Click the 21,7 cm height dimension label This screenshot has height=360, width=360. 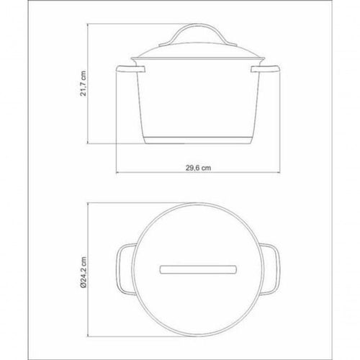tap(83, 84)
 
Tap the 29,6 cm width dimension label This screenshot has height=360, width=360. tap(198, 168)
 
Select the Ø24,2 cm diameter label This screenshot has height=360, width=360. tap(83, 272)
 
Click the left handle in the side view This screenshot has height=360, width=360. tap(131, 69)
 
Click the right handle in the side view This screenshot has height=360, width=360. tap(266, 69)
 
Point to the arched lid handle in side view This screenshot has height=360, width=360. tap(198, 25)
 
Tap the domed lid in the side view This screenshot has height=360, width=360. tap(198, 51)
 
